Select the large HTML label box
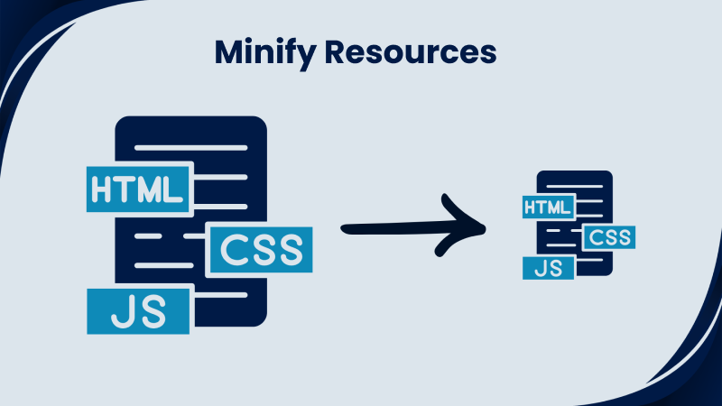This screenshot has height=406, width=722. click(138, 187)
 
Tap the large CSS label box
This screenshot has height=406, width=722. click(261, 250)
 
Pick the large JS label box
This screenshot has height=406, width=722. click(138, 311)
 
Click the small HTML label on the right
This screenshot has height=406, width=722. click(548, 208)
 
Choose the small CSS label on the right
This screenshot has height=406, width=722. click(609, 237)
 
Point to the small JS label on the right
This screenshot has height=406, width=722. click(548, 268)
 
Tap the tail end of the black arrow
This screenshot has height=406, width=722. click(347, 229)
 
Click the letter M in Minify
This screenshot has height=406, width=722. click(227, 52)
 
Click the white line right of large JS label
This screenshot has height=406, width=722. click(220, 295)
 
